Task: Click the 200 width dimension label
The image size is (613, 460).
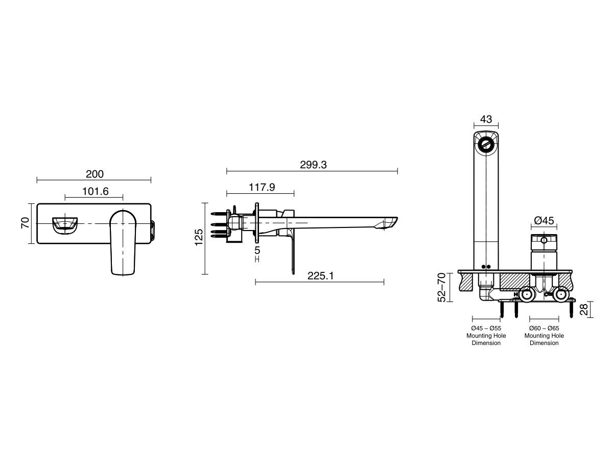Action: pyautogui.click(x=95, y=174)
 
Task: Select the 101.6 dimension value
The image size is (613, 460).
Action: pyautogui.click(x=95, y=191)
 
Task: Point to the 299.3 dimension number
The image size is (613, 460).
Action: pyautogui.click(x=313, y=165)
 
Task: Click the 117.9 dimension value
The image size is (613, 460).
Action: pyautogui.click(x=262, y=188)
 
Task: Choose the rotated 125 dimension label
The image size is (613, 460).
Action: pyautogui.click(x=199, y=237)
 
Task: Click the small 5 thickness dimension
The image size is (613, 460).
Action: pyautogui.click(x=257, y=250)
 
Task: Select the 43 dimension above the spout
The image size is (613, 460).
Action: pyautogui.click(x=486, y=119)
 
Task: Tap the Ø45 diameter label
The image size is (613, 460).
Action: pyautogui.click(x=544, y=220)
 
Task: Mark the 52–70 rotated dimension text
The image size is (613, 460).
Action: pyautogui.click(x=442, y=288)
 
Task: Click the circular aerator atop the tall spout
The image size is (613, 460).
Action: pyautogui.click(x=486, y=145)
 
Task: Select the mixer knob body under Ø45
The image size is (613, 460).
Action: pyautogui.click(x=544, y=253)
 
